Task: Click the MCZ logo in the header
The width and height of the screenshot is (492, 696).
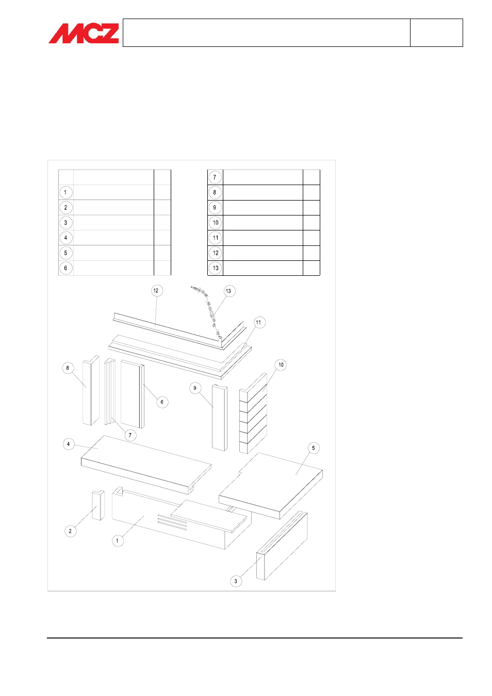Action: click(x=84, y=33)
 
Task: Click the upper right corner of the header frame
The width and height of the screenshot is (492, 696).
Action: click(x=463, y=19)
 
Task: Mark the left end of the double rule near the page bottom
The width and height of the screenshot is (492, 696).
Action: click(x=47, y=638)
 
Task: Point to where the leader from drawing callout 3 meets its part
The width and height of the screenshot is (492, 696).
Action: click(x=263, y=556)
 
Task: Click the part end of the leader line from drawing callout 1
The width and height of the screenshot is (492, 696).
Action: click(x=144, y=516)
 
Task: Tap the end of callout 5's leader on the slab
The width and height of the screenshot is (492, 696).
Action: click(x=296, y=474)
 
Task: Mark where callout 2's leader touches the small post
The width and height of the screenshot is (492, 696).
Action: click(x=96, y=506)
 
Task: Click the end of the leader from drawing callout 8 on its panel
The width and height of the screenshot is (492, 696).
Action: click(x=86, y=388)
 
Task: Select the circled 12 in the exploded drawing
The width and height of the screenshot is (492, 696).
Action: click(x=156, y=291)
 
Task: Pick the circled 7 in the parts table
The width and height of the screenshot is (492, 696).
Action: click(x=215, y=177)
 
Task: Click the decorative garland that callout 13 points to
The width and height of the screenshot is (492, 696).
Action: click(x=206, y=311)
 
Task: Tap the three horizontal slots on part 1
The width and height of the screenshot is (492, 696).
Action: click(x=172, y=522)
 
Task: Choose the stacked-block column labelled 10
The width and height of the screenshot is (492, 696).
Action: click(x=253, y=413)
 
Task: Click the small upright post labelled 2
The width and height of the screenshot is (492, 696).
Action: click(x=98, y=505)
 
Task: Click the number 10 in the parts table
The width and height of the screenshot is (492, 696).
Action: click(x=216, y=223)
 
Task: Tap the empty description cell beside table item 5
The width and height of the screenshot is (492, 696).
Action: click(x=113, y=253)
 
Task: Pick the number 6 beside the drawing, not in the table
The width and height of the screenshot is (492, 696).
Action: click(x=162, y=402)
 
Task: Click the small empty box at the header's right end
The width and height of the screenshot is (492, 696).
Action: click(x=436, y=33)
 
